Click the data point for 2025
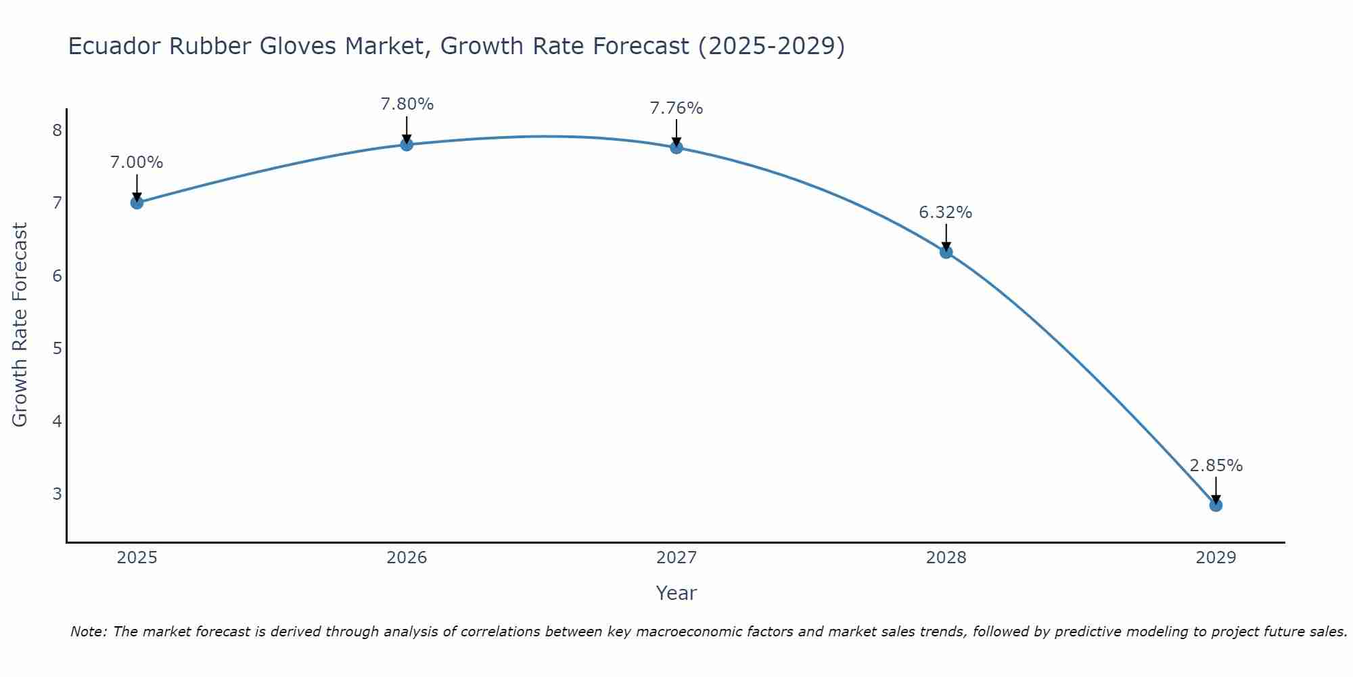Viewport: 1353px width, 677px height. pyautogui.click(x=137, y=202)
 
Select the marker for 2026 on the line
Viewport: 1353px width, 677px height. pyautogui.click(x=407, y=144)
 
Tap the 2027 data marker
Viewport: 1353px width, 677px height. pyautogui.click(x=676, y=147)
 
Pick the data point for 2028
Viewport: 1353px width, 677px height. pyautogui.click(x=946, y=252)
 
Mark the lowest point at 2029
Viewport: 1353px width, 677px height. pyautogui.click(x=1216, y=505)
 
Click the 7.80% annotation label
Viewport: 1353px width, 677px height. pyautogui.click(x=407, y=104)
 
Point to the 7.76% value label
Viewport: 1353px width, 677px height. pyautogui.click(x=676, y=108)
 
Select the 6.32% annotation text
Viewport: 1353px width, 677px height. pyautogui.click(x=945, y=213)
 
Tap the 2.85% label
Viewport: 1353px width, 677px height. pyautogui.click(x=1216, y=466)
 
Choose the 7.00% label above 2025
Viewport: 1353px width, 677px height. pyautogui.click(x=137, y=162)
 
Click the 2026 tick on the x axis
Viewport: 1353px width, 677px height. pyautogui.click(x=407, y=558)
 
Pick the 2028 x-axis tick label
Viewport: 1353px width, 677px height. pyautogui.click(x=946, y=558)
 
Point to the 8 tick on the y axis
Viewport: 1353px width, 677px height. pyautogui.click(x=57, y=130)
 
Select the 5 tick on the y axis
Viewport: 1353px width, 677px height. pyautogui.click(x=57, y=348)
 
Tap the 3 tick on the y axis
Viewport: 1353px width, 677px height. pyautogui.click(x=57, y=494)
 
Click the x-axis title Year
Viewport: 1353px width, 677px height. pyautogui.click(x=676, y=593)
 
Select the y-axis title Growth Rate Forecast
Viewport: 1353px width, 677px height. pyautogui.click(x=20, y=325)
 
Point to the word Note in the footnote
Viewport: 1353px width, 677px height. pyautogui.click(x=88, y=632)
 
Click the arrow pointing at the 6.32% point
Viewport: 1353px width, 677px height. pyautogui.click(x=946, y=238)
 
